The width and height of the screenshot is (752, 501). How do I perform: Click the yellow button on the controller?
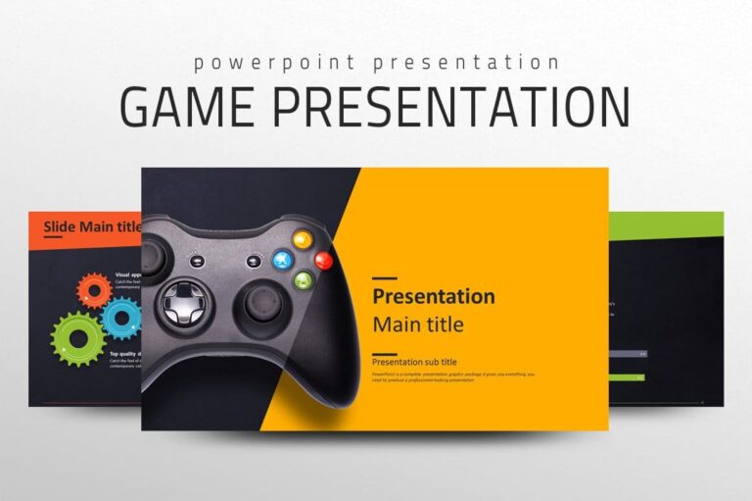pyautogui.click(x=303, y=238)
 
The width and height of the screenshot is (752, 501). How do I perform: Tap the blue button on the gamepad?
pyautogui.click(x=282, y=260)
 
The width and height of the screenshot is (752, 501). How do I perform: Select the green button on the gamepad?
pyautogui.click(x=304, y=280)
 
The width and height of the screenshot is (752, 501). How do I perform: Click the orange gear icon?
pyautogui.click(x=94, y=291)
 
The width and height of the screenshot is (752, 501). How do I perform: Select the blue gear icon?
pyautogui.click(x=122, y=318)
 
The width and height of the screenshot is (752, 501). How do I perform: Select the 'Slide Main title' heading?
pyautogui.click(x=92, y=226)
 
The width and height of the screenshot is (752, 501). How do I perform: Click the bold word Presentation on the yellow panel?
pyautogui.click(x=434, y=296)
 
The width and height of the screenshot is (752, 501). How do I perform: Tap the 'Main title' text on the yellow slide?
pyautogui.click(x=418, y=324)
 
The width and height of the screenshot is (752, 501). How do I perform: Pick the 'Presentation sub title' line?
pyautogui.click(x=414, y=362)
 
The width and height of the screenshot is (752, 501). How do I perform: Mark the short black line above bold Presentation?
pyautogui.click(x=385, y=279)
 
